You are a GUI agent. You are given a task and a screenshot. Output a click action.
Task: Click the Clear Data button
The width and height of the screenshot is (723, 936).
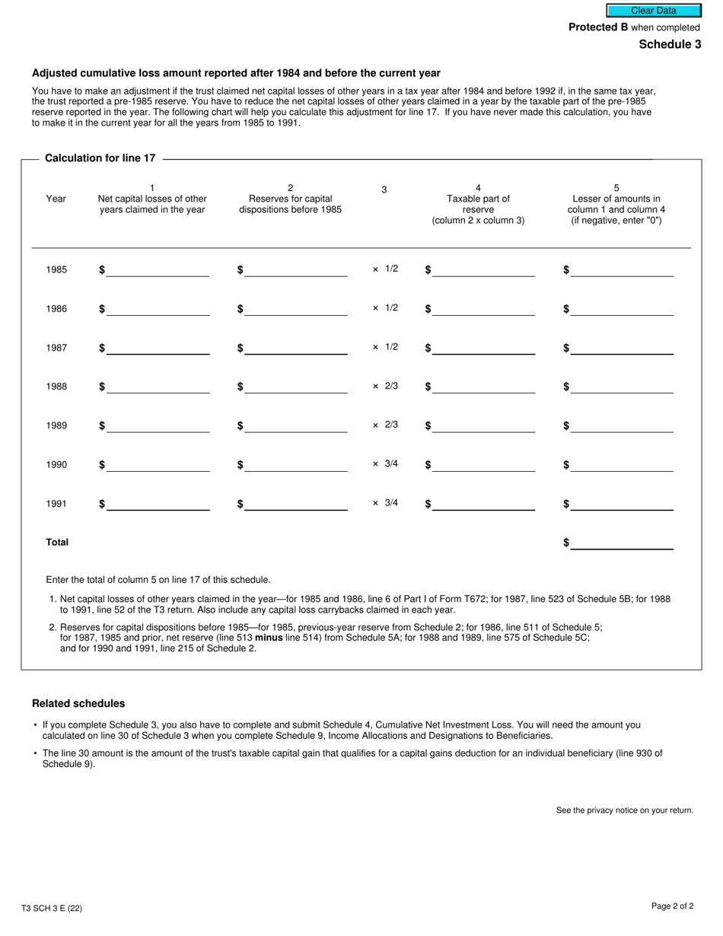pyautogui.click(x=653, y=11)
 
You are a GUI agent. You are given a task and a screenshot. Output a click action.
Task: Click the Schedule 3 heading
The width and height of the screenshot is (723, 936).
pyautogui.click(x=670, y=44)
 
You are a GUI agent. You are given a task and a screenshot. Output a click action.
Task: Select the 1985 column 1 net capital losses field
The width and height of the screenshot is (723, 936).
pyautogui.click(x=158, y=270)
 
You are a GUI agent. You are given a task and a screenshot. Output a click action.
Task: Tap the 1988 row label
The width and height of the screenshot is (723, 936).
pyautogui.click(x=56, y=387)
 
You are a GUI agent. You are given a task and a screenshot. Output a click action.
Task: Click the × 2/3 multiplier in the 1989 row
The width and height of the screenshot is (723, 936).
pyautogui.click(x=385, y=425)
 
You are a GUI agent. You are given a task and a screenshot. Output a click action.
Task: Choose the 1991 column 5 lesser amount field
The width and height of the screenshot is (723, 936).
pyautogui.click(x=622, y=504)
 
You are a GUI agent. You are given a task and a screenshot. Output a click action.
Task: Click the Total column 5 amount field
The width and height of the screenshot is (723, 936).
pyautogui.click(x=622, y=543)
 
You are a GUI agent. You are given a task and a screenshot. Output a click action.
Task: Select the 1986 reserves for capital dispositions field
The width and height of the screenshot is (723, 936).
pyautogui.click(x=295, y=309)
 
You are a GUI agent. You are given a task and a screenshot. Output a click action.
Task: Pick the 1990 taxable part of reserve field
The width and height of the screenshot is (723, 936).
pyautogui.click(x=483, y=465)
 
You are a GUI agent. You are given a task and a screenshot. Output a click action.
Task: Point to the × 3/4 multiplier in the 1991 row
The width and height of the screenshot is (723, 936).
pyautogui.click(x=385, y=503)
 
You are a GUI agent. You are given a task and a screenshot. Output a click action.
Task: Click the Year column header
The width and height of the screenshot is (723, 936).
pyautogui.click(x=56, y=199)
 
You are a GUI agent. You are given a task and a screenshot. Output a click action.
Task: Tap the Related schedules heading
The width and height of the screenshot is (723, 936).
pyautogui.click(x=78, y=703)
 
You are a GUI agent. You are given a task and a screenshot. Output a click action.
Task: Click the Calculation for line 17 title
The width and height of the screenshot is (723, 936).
pyautogui.click(x=100, y=158)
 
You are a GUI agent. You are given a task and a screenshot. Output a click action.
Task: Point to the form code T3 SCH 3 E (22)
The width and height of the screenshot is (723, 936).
pyautogui.click(x=52, y=908)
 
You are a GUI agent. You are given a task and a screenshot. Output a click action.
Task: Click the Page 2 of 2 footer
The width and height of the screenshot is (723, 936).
pyautogui.click(x=672, y=906)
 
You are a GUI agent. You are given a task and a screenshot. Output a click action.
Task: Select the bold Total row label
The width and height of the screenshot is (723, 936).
pyautogui.click(x=57, y=543)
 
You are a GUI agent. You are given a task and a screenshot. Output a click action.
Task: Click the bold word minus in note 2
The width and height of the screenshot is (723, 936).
pyautogui.click(x=269, y=638)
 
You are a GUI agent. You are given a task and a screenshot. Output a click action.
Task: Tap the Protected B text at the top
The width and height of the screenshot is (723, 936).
pyautogui.click(x=598, y=27)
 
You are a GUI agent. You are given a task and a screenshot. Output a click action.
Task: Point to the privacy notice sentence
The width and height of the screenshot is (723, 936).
pyautogui.click(x=624, y=810)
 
